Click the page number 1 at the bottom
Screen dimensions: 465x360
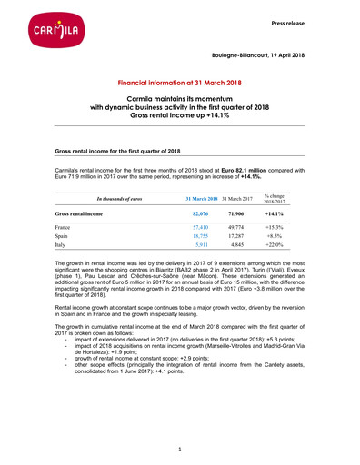point(180,449)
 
